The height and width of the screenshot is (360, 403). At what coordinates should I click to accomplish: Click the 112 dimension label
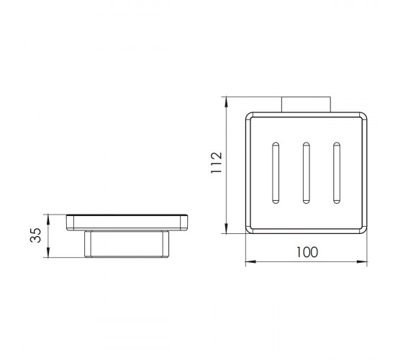[217, 163]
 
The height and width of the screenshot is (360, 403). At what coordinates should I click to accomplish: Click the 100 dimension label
[307, 252]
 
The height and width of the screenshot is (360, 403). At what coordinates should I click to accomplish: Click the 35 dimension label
[36, 235]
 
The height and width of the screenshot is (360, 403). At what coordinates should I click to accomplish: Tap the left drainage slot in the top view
[276, 173]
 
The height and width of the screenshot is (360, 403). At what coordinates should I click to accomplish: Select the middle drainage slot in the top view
[306, 173]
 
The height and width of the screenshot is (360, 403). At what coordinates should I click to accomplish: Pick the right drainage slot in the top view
[337, 173]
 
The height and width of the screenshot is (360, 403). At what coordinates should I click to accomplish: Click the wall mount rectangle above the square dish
[306, 104]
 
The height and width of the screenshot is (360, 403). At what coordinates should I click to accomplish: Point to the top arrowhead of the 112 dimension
[226, 102]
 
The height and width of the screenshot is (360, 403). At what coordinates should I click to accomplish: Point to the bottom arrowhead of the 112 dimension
[226, 228]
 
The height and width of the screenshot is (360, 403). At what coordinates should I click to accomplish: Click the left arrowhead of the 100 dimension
[250, 261]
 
